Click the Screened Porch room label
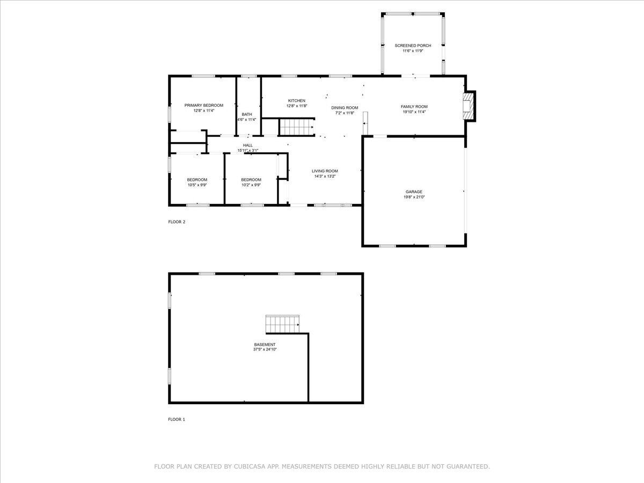click(413, 46)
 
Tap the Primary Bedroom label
click(203, 105)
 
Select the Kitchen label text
click(297, 100)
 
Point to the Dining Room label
click(345, 108)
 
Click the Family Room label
click(414, 106)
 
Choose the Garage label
click(414, 192)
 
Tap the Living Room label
click(325, 171)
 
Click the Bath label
click(247, 114)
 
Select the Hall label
click(247, 145)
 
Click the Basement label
click(265, 345)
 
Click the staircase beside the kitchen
click(296, 127)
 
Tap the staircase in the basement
click(282, 324)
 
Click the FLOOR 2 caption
click(177, 222)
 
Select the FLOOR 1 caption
click(177, 419)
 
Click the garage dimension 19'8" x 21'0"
click(414, 197)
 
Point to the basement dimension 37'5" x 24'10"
click(265, 349)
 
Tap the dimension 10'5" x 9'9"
click(197, 185)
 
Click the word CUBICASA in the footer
click(248, 466)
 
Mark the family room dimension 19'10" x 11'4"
click(414, 112)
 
